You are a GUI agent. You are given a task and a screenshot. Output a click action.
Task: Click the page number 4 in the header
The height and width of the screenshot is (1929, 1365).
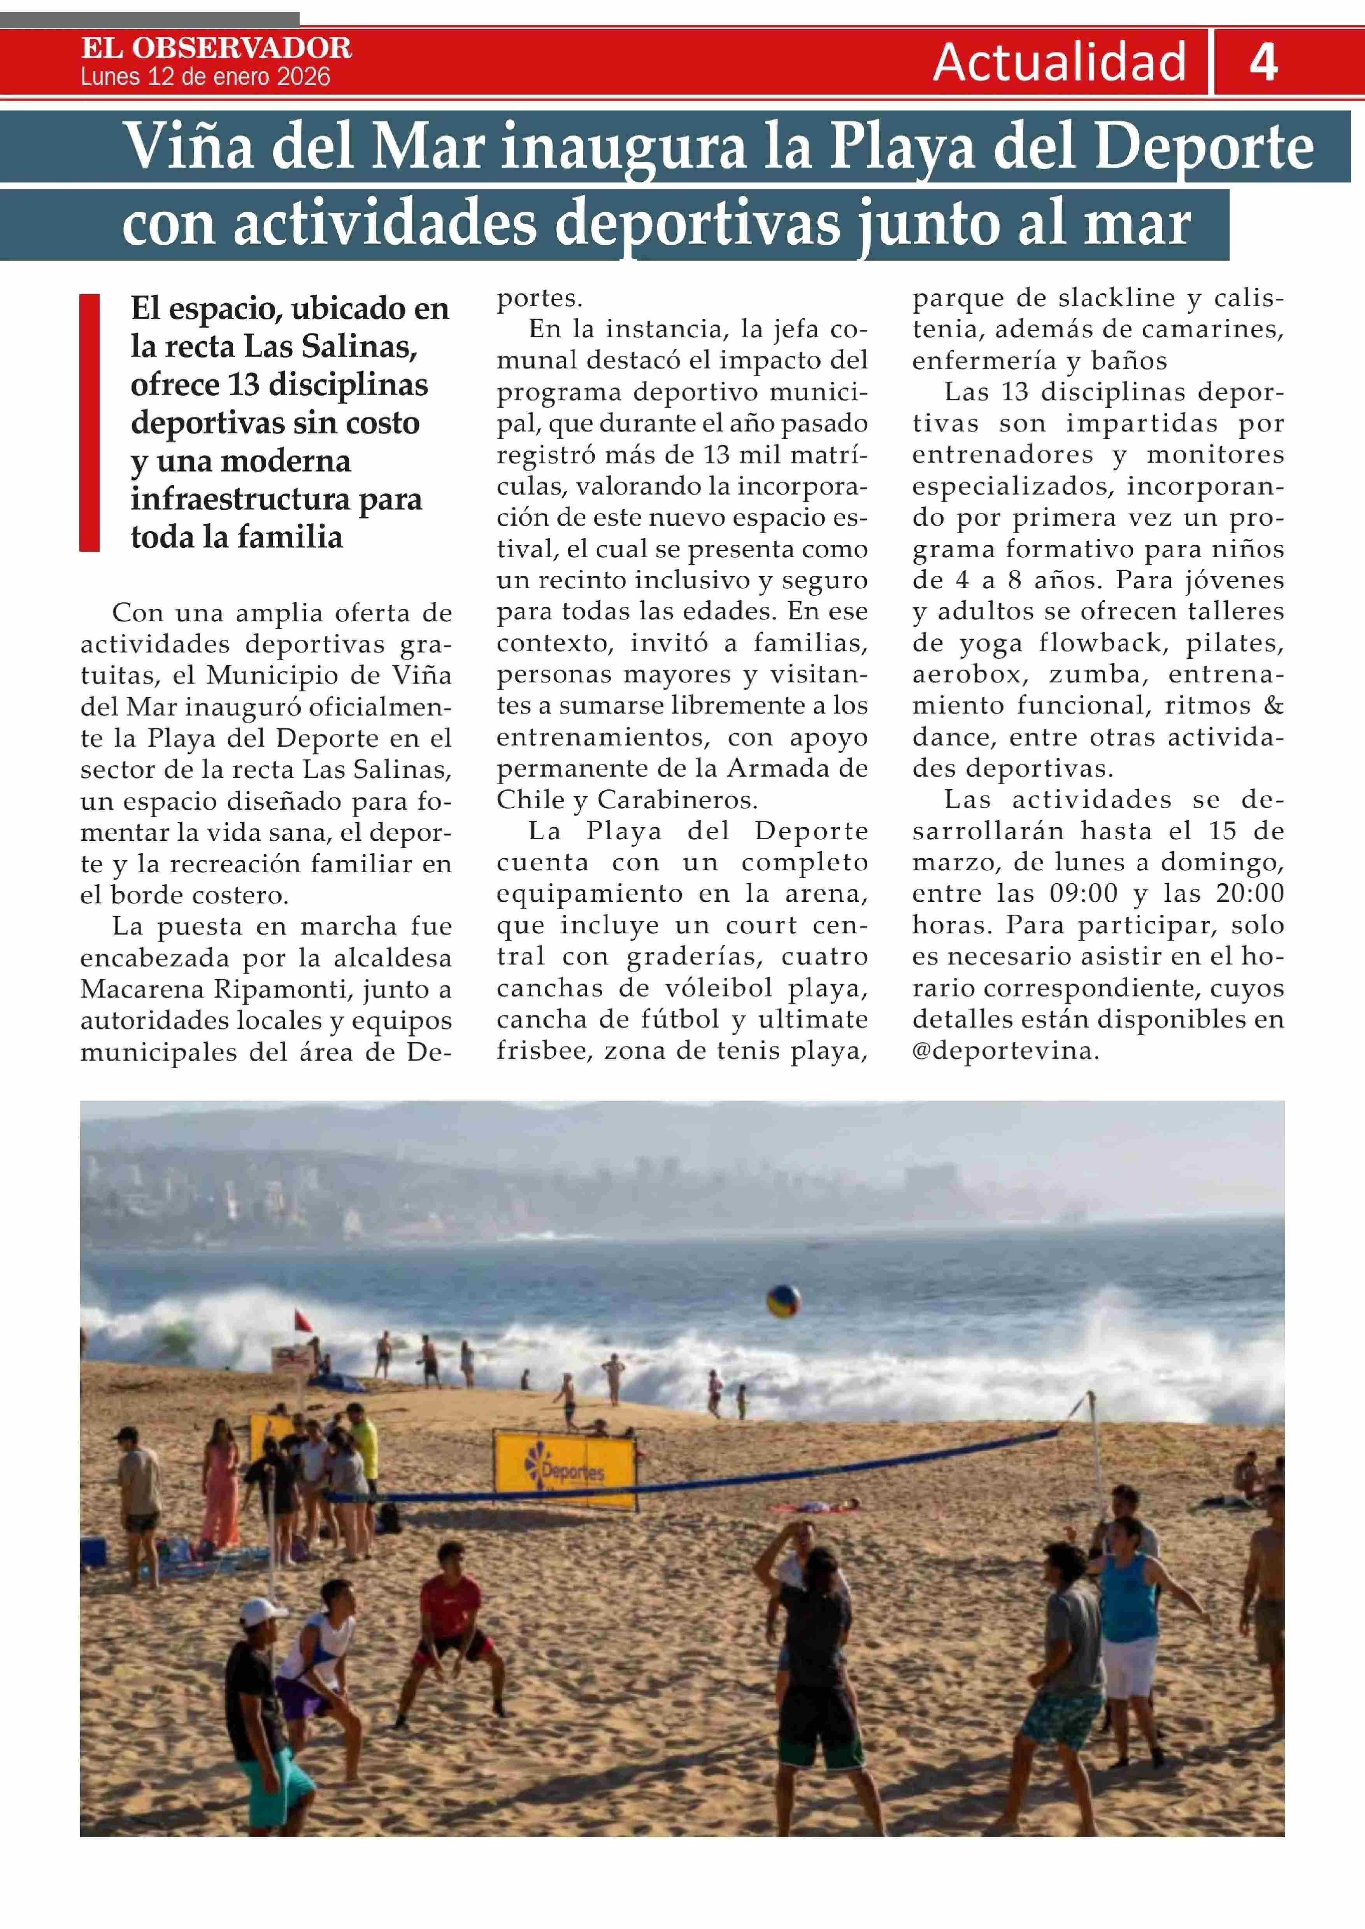(1263, 62)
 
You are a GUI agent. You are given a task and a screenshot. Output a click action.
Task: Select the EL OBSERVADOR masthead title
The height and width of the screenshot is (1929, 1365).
(217, 48)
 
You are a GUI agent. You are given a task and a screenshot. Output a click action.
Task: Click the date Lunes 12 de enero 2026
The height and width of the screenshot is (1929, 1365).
(206, 77)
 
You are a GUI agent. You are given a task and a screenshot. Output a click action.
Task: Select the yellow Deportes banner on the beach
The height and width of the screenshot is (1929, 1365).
(565, 1470)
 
